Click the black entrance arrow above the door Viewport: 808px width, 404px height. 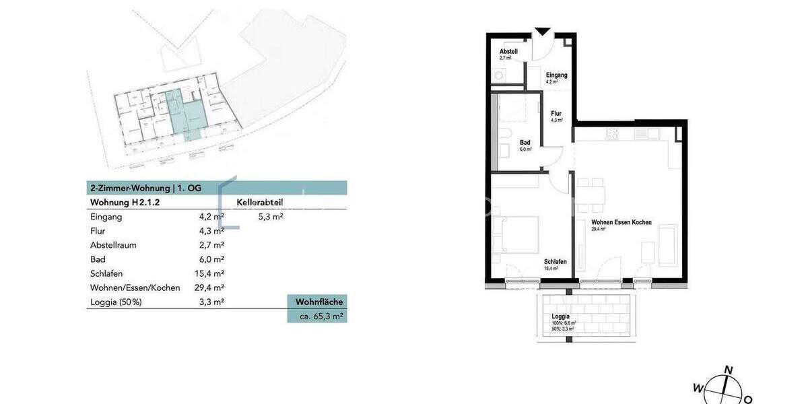tap(542, 32)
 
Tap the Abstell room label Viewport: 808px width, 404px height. tap(508, 52)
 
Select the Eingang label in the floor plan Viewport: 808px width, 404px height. tap(556, 75)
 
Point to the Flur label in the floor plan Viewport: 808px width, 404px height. tap(556, 114)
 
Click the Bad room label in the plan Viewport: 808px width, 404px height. tap(525, 143)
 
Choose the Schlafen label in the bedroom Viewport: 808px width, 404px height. tap(555, 262)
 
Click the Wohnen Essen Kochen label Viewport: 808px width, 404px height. tap(621, 222)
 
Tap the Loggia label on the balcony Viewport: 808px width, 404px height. tap(560, 316)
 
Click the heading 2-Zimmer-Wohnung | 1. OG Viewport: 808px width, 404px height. tap(145, 188)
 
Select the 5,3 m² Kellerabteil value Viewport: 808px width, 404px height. tap(271, 217)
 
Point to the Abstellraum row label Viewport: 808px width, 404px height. tap(113, 245)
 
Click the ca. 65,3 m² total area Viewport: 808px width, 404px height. tap(316, 316)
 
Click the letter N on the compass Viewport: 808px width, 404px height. tap(728, 369)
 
